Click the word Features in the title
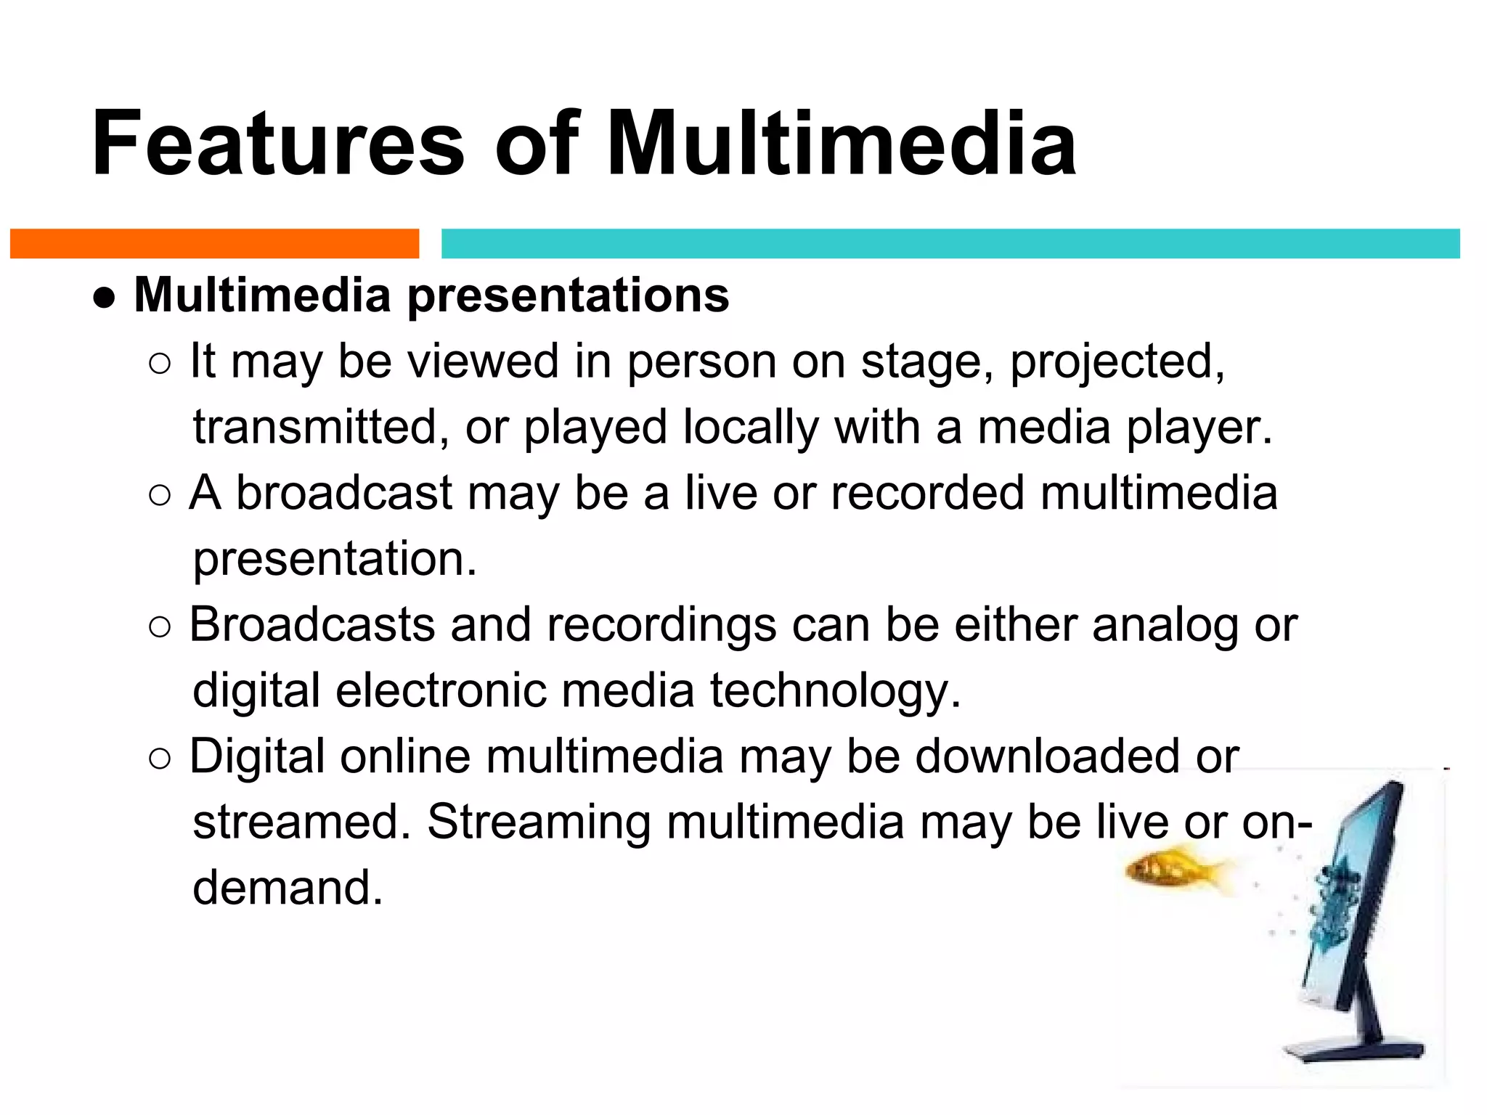coord(277,143)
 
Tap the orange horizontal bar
coord(214,243)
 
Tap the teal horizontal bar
coord(950,243)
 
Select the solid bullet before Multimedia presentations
coord(105,298)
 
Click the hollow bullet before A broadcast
coord(159,496)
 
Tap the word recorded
coord(927,493)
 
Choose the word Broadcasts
coord(311,625)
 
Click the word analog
coord(1165,625)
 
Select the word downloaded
coord(1047,756)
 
